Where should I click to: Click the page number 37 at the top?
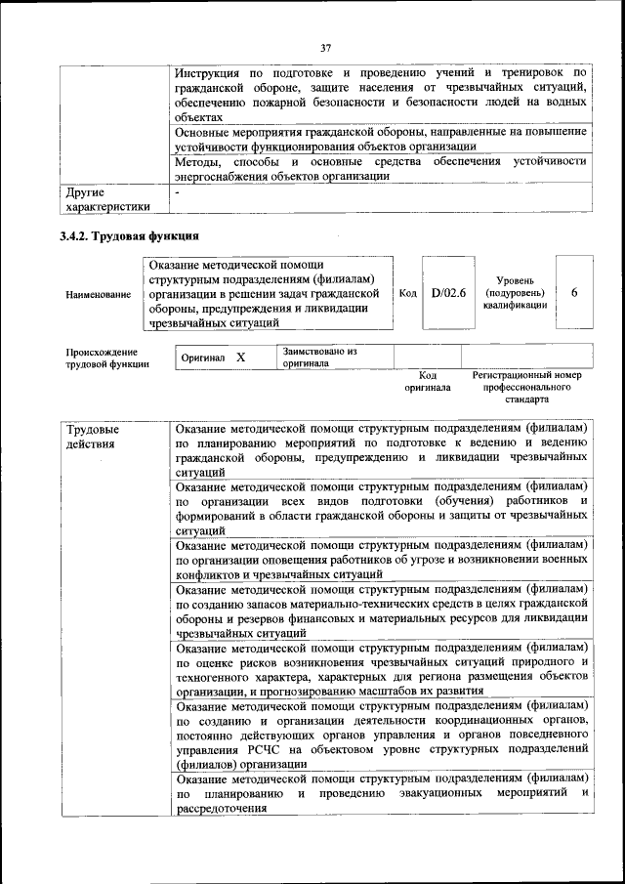click(326, 47)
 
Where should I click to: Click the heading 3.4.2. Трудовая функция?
click(129, 235)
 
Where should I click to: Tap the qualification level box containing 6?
click(573, 292)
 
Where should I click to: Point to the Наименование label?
click(98, 293)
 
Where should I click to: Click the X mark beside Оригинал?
click(240, 358)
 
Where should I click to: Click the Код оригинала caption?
click(428, 381)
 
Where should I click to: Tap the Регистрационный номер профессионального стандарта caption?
click(526, 387)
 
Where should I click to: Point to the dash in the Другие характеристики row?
click(178, 193)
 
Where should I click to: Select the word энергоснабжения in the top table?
click(226, 177)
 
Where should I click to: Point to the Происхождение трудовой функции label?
click(107, 358)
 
